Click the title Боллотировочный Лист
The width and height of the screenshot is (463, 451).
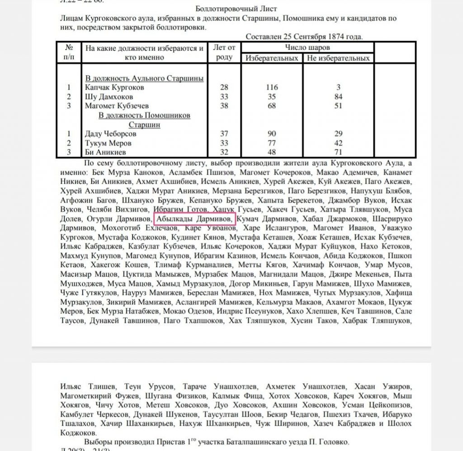tap(236, 9)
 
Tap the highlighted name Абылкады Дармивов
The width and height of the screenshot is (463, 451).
tap(194, 219)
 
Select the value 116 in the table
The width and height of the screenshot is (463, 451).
tap(272, 87)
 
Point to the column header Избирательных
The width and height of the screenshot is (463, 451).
tap(272, 58)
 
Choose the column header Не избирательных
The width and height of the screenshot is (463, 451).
tap(338, 58)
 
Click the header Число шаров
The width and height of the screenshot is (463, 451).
tap(307, 47)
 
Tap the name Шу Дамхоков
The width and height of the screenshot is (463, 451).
tap(109, 97)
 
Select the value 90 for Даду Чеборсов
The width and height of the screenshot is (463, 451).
tap(272, 134)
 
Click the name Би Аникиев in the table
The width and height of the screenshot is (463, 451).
tap(105, 152)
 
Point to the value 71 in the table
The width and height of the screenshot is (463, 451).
tap(338, 152)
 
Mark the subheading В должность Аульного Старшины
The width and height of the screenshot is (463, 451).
tap(144, 78)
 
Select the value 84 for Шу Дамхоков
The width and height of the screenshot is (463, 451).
tap(338, 97)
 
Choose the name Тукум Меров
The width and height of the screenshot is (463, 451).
tap(108, 143)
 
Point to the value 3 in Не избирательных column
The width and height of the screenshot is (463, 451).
tap(338, 87)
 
